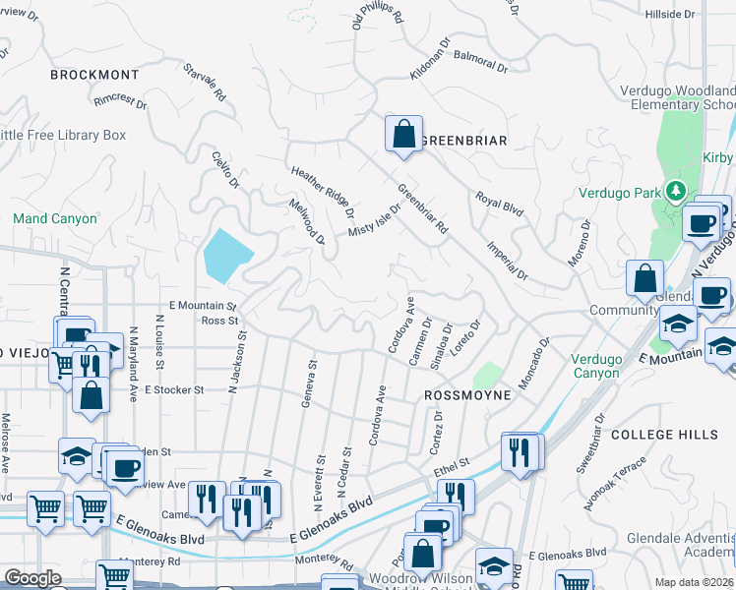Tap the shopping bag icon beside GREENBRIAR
pos(403,136)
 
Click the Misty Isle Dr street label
pos(375,220)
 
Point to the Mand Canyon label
pos(55,218)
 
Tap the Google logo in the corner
pos(32,578)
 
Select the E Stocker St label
pos(173,389)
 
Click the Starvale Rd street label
pos(205,84)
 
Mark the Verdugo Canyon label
pos(610,366)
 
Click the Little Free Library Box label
pos(63,135)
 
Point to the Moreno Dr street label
pos(578,243)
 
